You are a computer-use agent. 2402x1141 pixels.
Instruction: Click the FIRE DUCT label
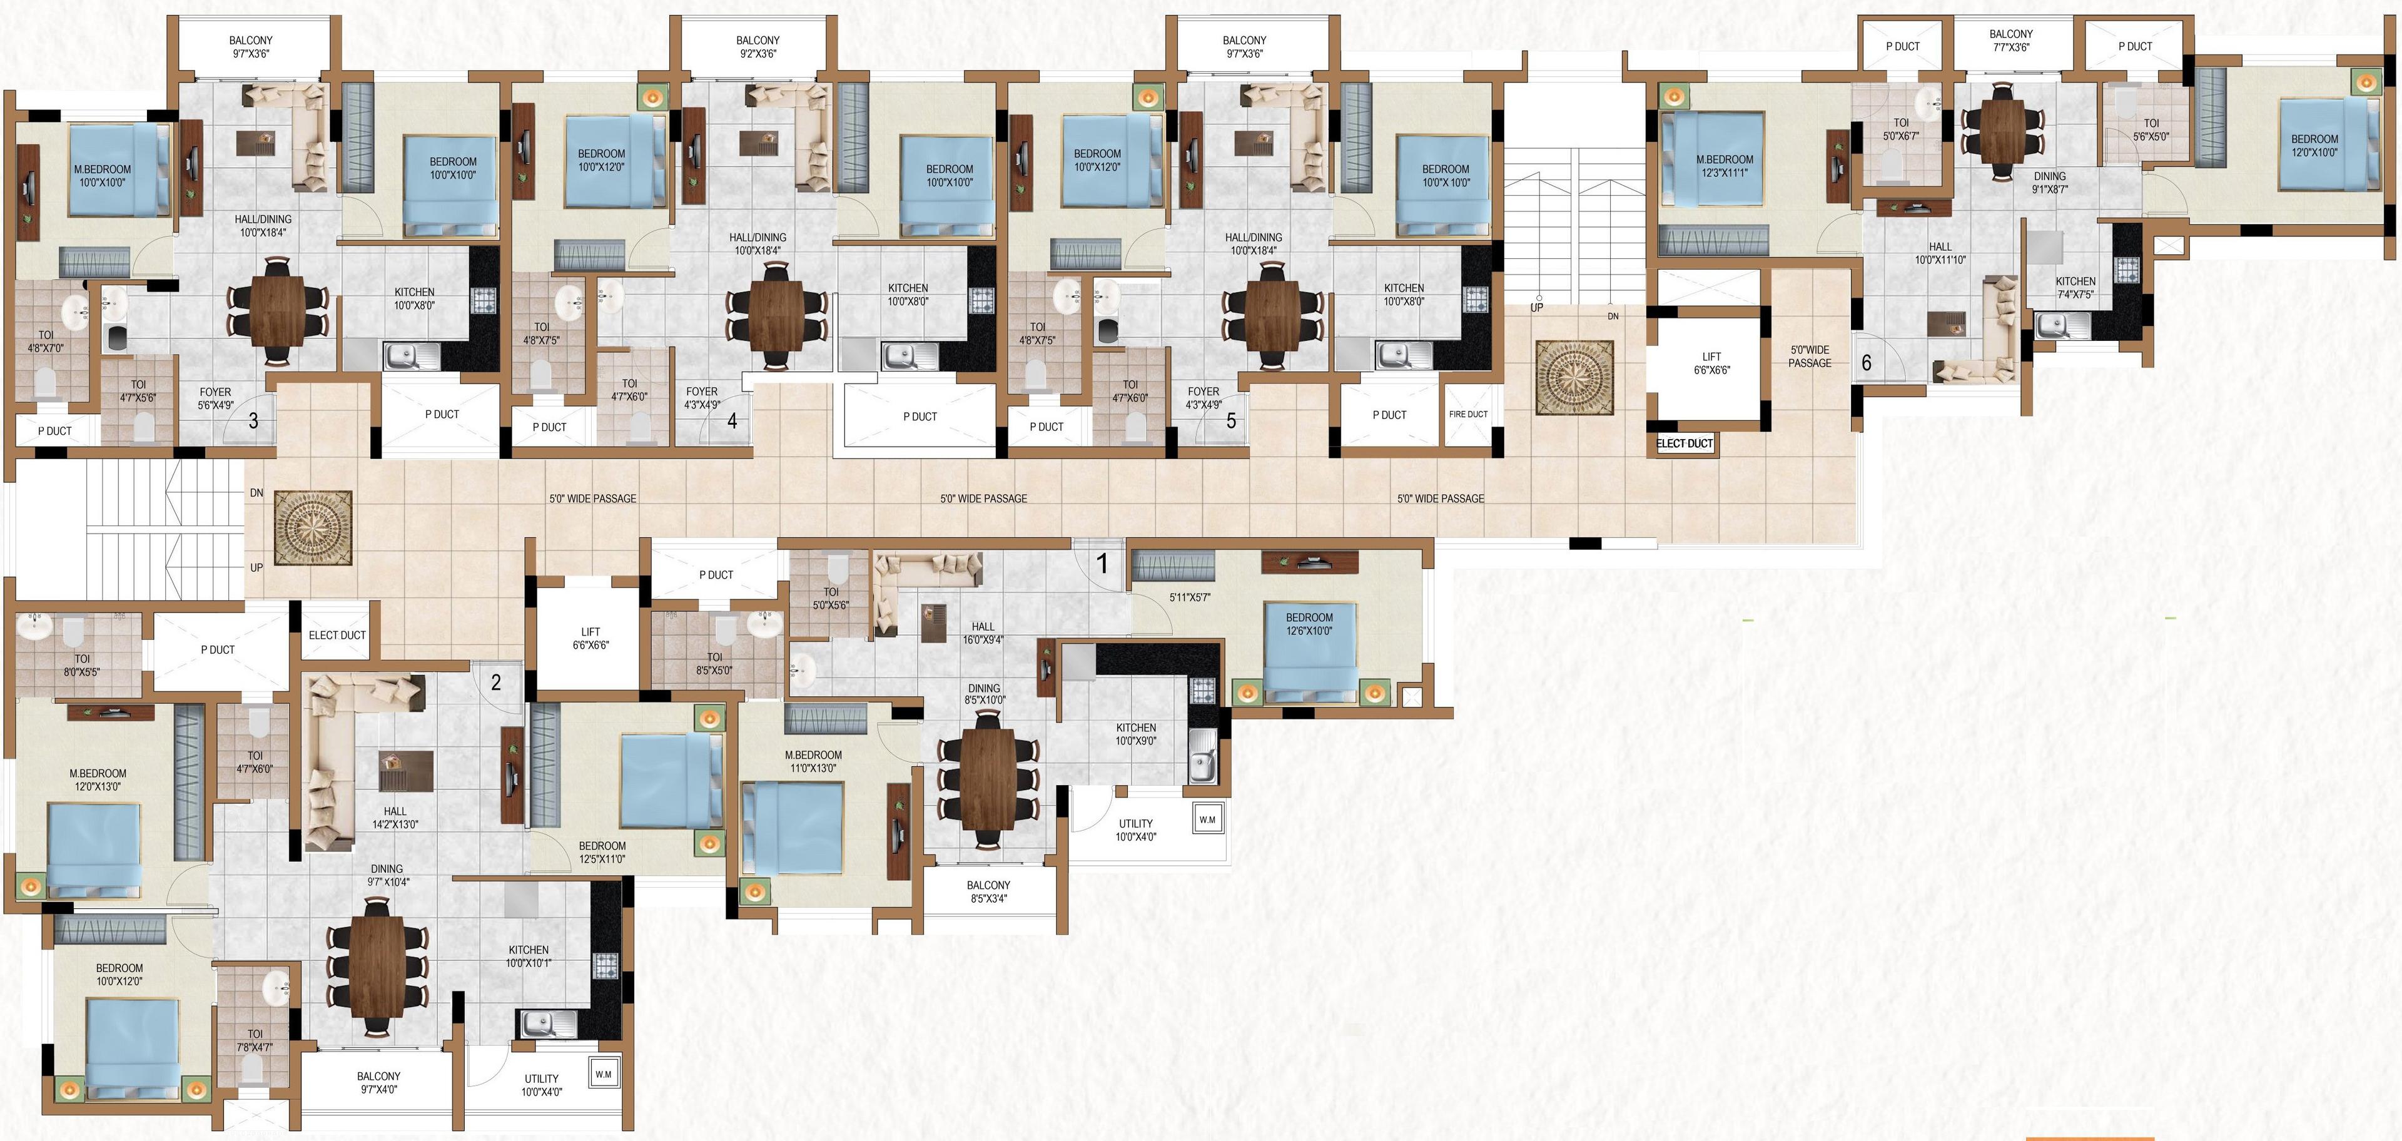click(x=1469, y=414)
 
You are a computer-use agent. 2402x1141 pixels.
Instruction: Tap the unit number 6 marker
click(x=1866, y=363)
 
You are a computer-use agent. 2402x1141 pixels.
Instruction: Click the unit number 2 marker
click(x=496, y=682)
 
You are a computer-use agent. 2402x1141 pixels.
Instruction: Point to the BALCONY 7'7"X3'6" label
click(x=2010, y=40)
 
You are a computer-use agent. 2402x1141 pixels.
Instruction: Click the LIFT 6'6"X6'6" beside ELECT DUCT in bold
click(x=1711, y=363)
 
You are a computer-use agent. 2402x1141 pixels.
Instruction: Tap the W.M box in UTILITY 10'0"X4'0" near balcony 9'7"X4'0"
click(x=603, y=1074)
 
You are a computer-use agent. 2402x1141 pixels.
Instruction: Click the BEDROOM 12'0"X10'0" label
click(x=2314, y=145)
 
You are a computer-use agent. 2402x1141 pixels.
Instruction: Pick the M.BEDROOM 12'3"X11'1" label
click(x=1724, y=166)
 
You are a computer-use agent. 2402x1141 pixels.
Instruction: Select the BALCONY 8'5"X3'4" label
click(x=988, y=892)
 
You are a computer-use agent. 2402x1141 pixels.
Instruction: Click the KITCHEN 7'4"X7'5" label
click(x=2075, y=287)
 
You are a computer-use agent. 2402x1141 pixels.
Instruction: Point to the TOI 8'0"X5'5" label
click(x=82, y=665)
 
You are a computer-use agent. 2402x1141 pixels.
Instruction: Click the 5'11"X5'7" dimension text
click(x=1189, y=597)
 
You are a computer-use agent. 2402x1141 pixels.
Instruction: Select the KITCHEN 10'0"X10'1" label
click(x=529, y=955)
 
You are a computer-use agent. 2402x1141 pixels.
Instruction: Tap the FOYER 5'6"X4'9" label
click(x=215, y=398)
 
